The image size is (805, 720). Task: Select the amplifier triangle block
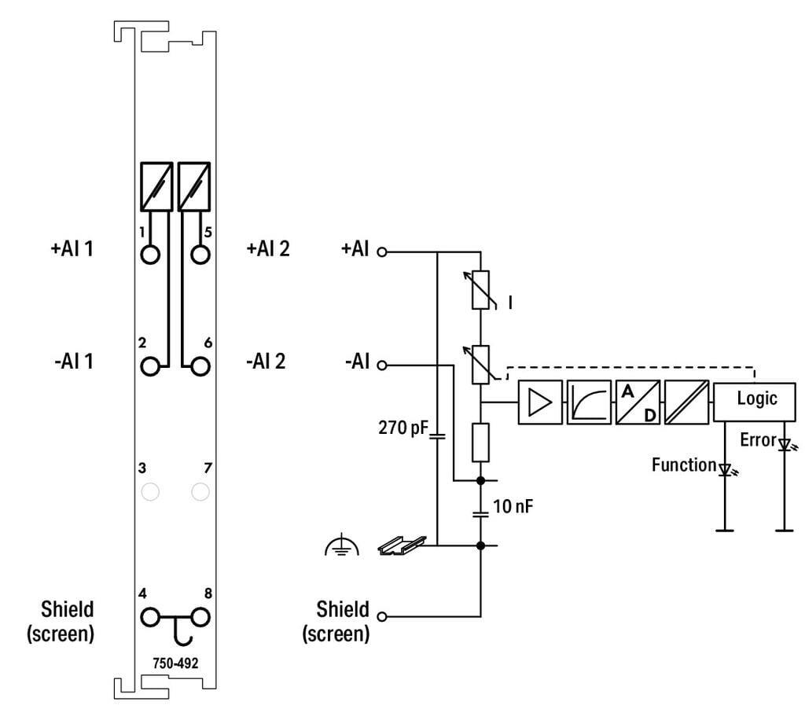coord(541,403)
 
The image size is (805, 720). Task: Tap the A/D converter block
coord(638,403)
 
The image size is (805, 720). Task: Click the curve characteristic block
coord(589,403)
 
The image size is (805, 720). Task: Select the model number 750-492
coord(175,662)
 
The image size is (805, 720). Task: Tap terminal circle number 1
coord(151,255)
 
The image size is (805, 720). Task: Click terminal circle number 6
coord(200,366)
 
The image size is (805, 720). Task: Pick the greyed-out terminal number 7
coord(200,492)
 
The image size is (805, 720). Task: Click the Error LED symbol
coord(784,445)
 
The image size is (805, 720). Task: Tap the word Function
coord(684,465)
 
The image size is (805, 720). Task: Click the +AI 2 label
coord(267,249)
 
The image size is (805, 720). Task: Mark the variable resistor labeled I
coord(480,292)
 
